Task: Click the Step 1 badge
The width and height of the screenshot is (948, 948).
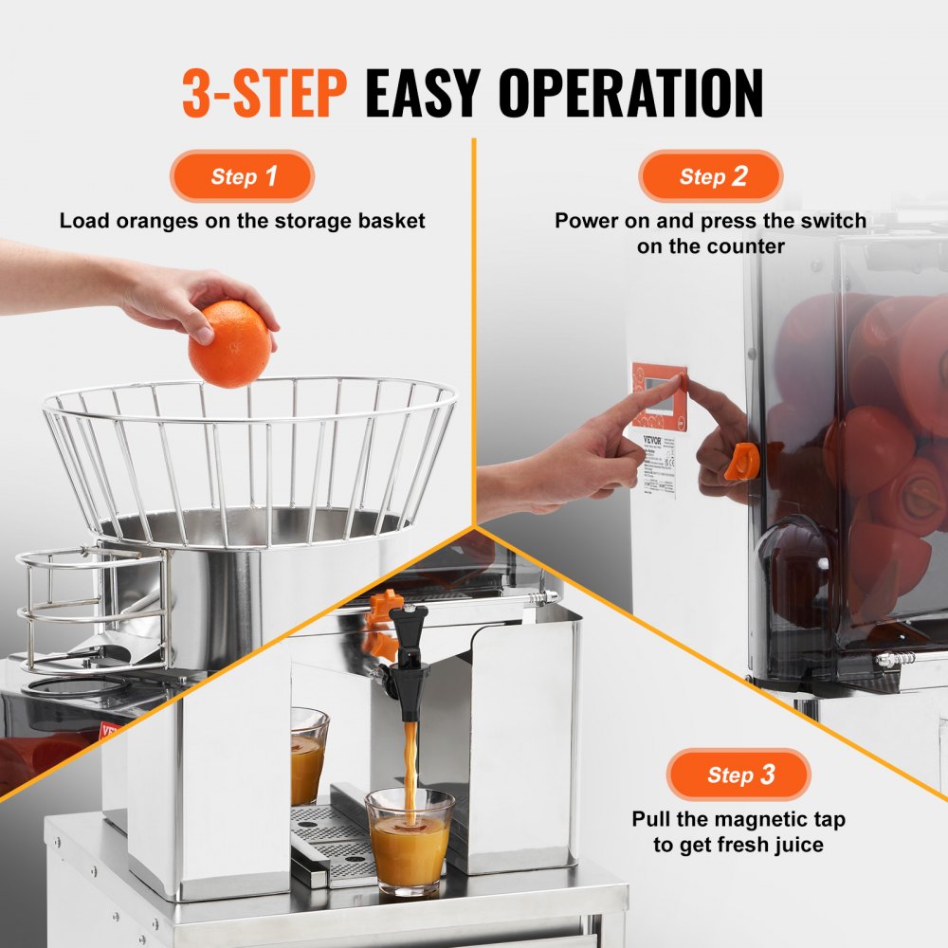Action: pos(243,176)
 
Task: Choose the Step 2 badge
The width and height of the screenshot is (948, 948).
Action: pos(711,176)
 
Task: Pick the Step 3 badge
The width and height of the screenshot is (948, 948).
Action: pos(738,775)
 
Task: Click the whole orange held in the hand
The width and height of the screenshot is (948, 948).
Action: pos(228,344)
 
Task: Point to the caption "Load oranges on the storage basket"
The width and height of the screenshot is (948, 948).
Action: pos(243,221)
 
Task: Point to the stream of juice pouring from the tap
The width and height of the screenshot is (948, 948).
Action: pos(410,758)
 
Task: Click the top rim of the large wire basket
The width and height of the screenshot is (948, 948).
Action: pos(248,386)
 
